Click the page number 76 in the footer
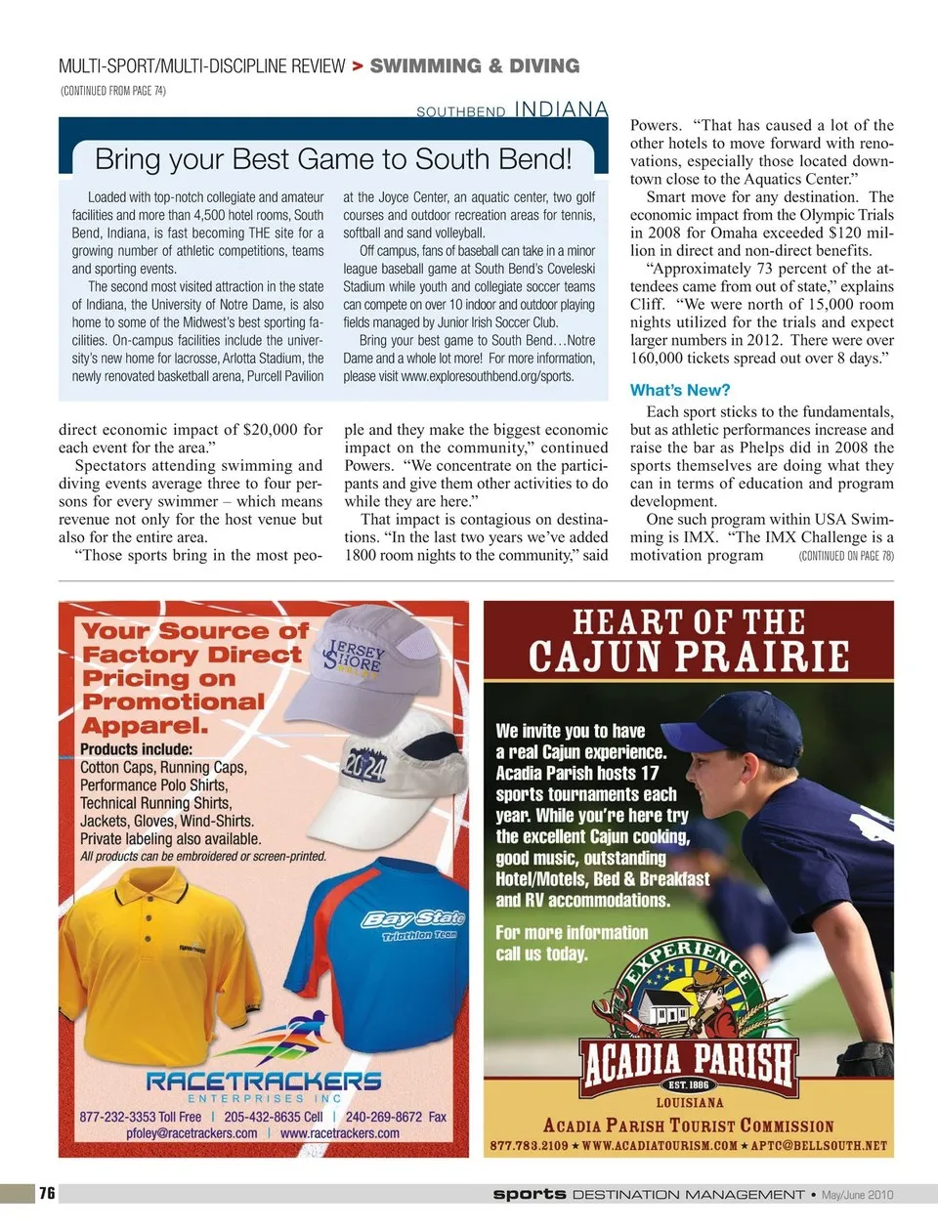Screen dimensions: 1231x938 pyautogui.click(x=47, y=1193)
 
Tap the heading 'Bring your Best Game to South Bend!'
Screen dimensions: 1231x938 pyautogui.click(x=333, y=159)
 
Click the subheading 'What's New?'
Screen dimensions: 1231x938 pyautogui.click(x=680, y=390)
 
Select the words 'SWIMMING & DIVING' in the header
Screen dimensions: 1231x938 pyautogui.click(x=475, y=66)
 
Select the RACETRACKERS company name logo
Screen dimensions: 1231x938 pyautogui.click(x=264, y=1081)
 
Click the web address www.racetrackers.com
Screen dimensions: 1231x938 pyautogui.click(x=339, y=1133)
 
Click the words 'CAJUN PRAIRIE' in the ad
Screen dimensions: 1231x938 pyautogui.click(x=689, y=656)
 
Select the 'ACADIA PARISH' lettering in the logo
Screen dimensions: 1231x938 pyautogui.click(x=689, y=1059)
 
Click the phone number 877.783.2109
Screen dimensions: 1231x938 pyautogui.click(x=529, y=1145)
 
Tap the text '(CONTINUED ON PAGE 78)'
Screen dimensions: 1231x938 pyautogui.click(x=845, y=556)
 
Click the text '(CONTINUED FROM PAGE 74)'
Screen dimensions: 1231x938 pyautogui.click(x=113, y=91)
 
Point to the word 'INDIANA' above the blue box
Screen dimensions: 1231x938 pyautogui.click(x=561, y=109)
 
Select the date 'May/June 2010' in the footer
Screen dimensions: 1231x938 pyautogui.click(x=857, y=1194)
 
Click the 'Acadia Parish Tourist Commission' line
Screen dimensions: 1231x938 pyautogui.click(x=689, y=1125)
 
